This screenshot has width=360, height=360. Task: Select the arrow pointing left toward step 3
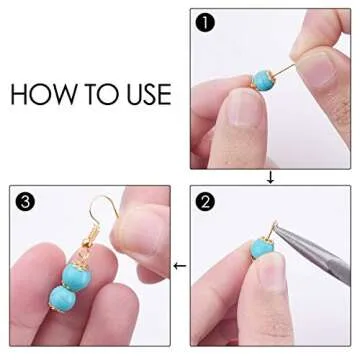pos(180,266)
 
